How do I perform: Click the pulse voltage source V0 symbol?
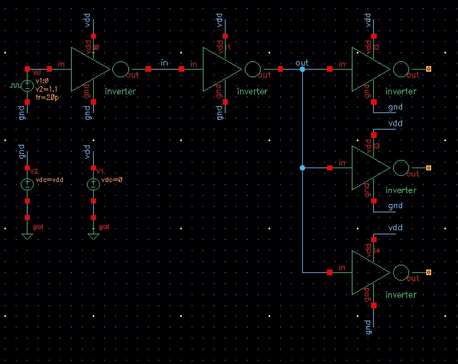pos(27,85)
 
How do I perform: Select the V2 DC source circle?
pos(27,184)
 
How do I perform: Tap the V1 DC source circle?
pos(93,184)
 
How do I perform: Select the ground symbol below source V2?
pos(27,236)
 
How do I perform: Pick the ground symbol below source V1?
pos(93,236)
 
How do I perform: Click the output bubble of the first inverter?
pos(120,69)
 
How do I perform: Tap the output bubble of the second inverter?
pos(252,69)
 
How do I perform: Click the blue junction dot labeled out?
pos(302,69)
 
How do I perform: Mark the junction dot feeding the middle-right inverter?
pos(302,168)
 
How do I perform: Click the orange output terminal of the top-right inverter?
pos(429,69)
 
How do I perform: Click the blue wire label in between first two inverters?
pos(165,63)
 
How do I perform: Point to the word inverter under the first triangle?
pos(120,91)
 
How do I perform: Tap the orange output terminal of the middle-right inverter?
pos(429,168)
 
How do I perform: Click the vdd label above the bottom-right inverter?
pos(395,228)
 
